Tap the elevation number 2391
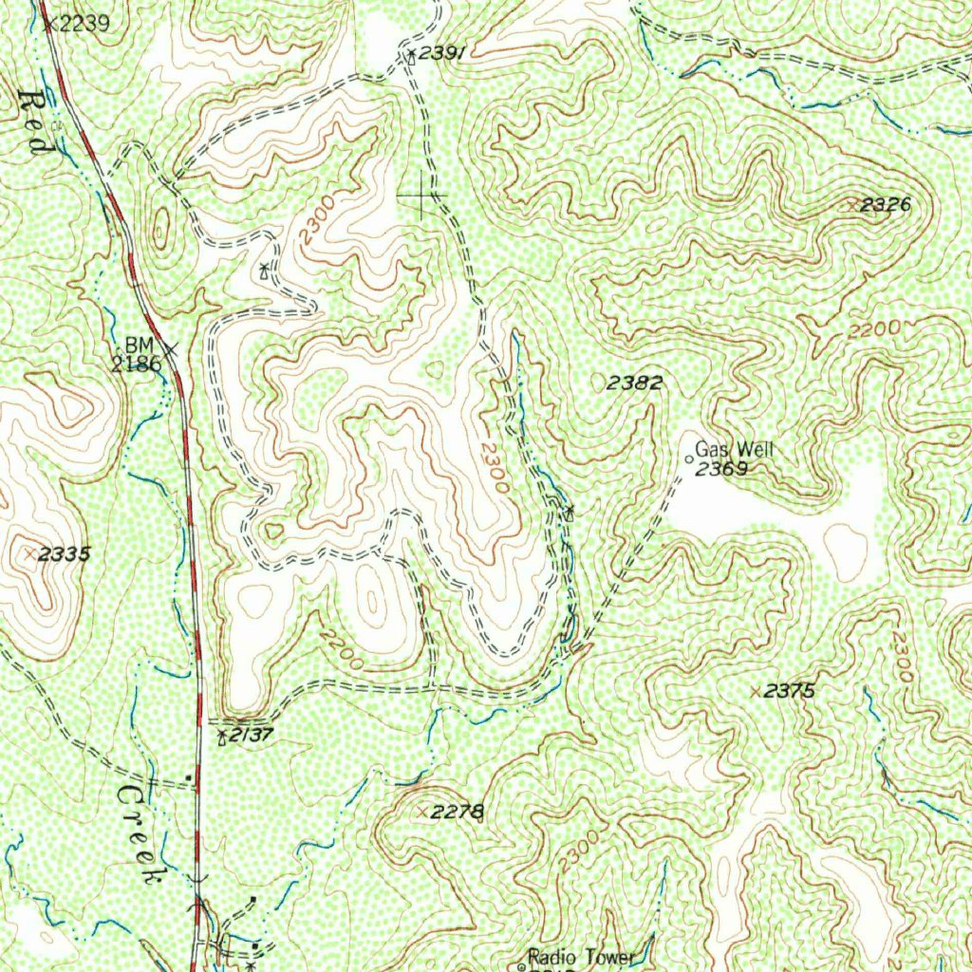click(441, 55)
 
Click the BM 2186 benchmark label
click(137, 353)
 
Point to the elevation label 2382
click(634, 383)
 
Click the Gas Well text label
click(735, 450)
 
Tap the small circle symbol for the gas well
click(689, 459)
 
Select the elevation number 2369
click(722, 469)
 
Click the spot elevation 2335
click(65, 553)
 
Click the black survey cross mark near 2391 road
click(422, 196)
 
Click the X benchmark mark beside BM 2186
click(171, 349)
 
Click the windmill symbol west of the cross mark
click(264, 271)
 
